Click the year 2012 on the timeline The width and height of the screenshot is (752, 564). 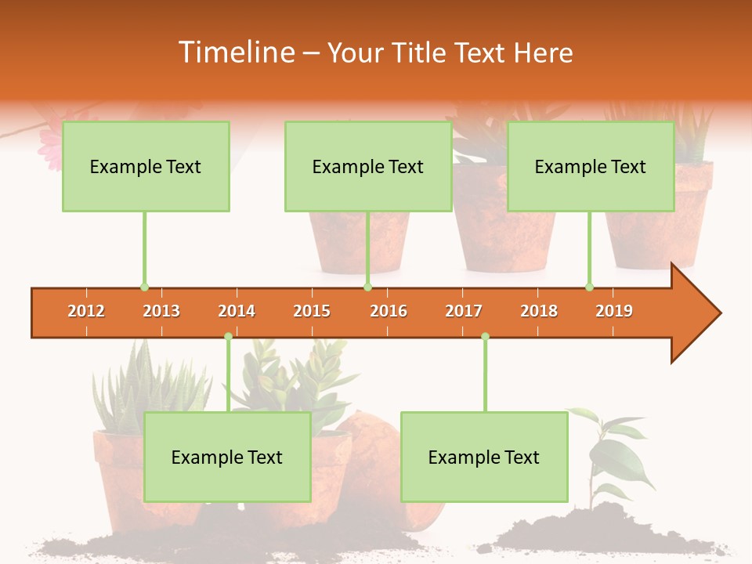86,312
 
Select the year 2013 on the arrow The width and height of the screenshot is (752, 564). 161,312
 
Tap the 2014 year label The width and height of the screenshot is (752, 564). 237,312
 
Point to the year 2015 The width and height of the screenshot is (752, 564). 312,312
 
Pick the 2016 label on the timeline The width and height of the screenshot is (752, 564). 389,312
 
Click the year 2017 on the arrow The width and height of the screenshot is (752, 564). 464,312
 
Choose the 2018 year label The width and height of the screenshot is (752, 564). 539,312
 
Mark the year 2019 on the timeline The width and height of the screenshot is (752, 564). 614,312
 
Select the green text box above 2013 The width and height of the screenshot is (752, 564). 146,167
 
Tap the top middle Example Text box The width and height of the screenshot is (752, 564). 368,167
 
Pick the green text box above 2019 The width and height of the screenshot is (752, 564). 591,167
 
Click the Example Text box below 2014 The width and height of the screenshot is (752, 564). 227,457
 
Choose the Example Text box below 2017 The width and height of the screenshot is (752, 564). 484,457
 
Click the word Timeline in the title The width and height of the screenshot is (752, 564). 236,52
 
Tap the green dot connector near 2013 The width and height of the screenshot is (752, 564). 144,287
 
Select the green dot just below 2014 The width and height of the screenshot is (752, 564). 228,337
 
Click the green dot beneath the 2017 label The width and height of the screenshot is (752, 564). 485,337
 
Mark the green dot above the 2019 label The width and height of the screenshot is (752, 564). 589,287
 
